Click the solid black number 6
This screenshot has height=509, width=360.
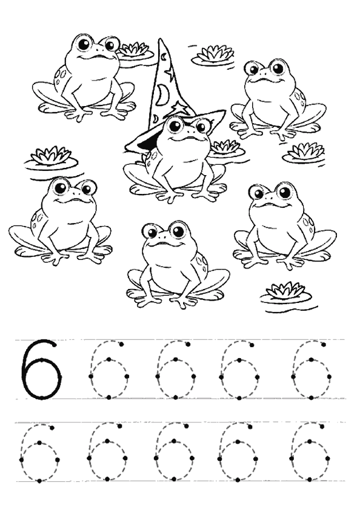pyautogui.click(x=41, y=370)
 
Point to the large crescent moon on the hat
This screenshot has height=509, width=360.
pyautogui.click(x=161, y=94)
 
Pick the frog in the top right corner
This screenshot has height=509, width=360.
pyautogui.click(x=278, y=99)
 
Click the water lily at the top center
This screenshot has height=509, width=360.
pyautogui.click(x=213, y=55)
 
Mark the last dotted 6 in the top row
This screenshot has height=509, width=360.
pyautogui.click(x=312, y=370)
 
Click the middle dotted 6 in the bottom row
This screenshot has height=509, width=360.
pyautogui.click(x=174, y=452)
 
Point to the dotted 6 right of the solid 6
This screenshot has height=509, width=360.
pyautogui.click(x=108, y=370)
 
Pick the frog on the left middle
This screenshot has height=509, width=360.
pyautogui.click(x=59, y=221)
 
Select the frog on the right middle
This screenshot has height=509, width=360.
pyautogui.click(x=284, y=226)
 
